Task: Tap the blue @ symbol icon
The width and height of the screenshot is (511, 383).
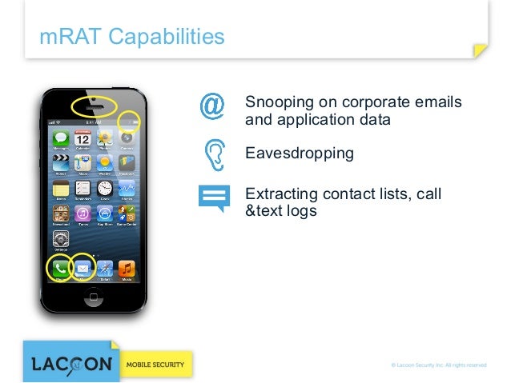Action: point(212,107)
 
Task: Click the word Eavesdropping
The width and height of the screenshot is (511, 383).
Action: point(299,152)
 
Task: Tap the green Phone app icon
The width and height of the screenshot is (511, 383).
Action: point(60,269)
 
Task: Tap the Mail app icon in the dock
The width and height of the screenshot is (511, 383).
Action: point(82,269)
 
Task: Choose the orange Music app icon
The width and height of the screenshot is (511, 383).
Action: point(127,269)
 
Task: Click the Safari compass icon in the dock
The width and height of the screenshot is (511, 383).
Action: point(105,269)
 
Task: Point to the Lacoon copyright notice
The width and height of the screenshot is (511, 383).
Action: point(437,365)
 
